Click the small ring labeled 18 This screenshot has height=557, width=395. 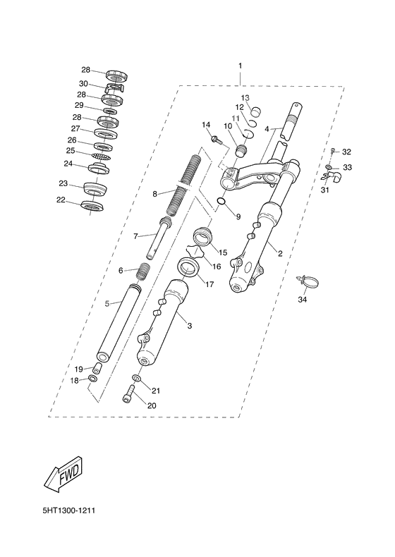pyautogui.click(x=92, y=379)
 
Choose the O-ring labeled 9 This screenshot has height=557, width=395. pyautogui.click(x=221, y=203)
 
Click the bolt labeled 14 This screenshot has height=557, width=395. pyautogui.click(x=217, y=140)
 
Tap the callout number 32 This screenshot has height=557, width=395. pyautogui.click(x=346, y=152)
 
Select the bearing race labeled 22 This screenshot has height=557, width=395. pyautogui.click(x=92, y=205)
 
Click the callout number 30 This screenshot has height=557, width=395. pyautogui.click(x=83, y=83)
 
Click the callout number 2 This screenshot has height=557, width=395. pyautogui.click(x=280, y=252)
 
